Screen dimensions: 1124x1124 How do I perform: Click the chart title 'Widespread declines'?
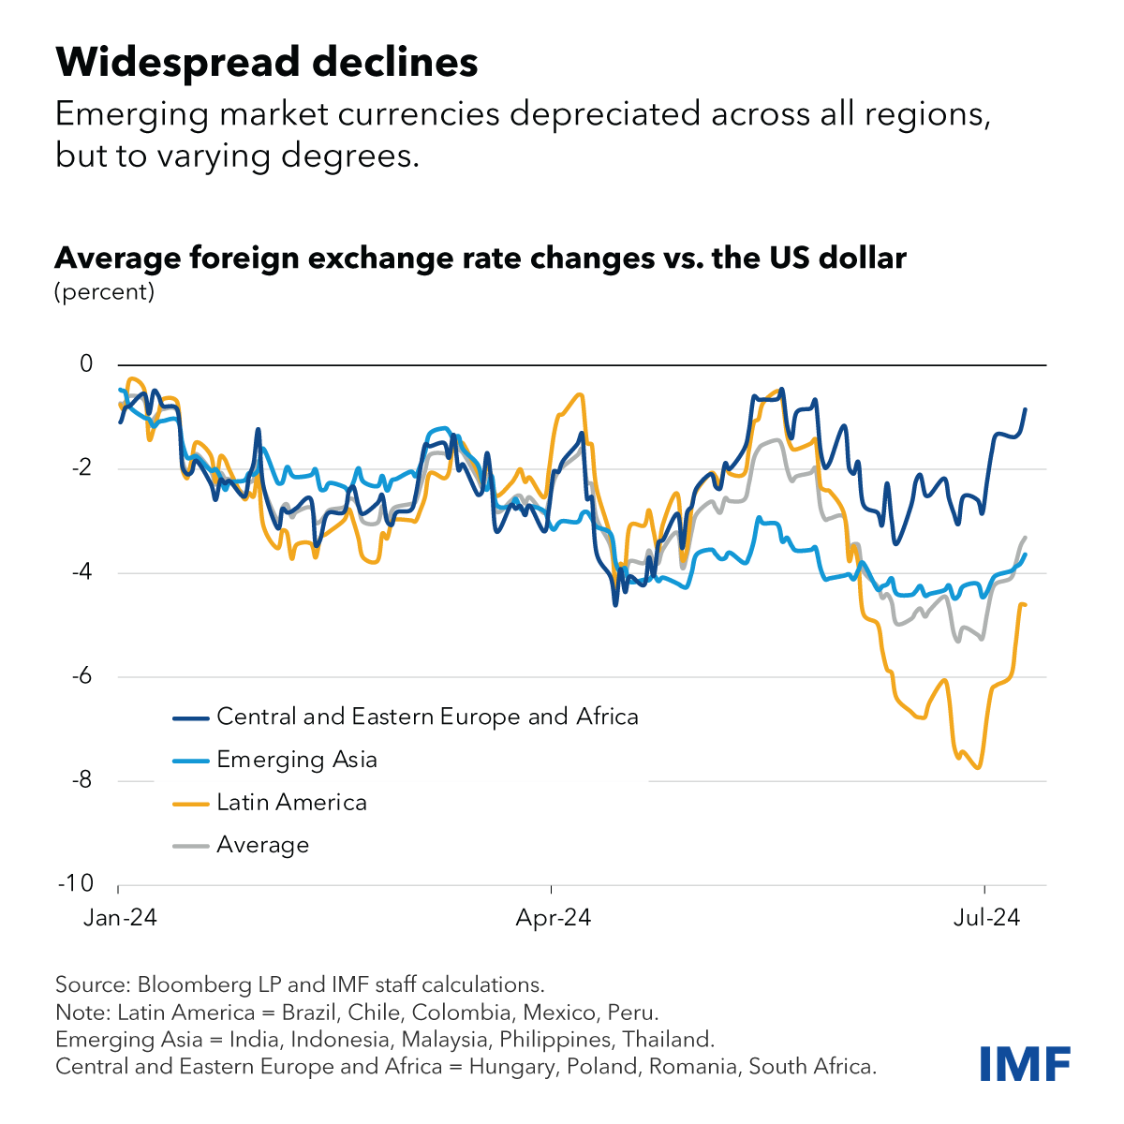pos(267,63)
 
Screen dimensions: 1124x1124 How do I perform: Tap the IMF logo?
pos(1025,1063)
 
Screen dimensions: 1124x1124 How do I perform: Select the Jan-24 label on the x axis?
pos(119,919)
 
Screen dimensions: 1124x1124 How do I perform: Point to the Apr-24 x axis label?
pos(553,919)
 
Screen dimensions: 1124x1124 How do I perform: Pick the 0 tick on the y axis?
pos(86,363)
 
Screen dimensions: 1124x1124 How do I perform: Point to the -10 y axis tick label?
pos(79,883)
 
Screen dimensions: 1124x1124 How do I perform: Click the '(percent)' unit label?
pos(105,291)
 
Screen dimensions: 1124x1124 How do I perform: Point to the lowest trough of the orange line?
pos(979,768)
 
